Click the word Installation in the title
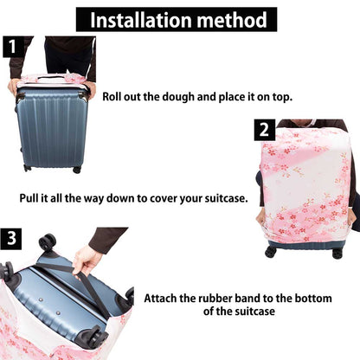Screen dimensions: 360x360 click(x=141, y=20)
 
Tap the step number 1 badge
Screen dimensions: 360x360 click(x=13, y=47)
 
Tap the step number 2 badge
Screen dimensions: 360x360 click(x=265, y=130)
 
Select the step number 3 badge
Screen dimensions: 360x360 click(x=11, y=239)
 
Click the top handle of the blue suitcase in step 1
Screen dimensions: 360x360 click(x=51, y=78)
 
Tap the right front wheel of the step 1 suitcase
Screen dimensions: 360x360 click(x=77, y=170)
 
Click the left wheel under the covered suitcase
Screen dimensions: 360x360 click(x=271, y=253)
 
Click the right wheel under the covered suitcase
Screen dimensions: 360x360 click(x=337, y=254)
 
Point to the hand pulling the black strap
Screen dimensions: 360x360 click(x=86, y=260)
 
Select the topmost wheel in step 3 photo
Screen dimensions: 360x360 click(x=48, y=241)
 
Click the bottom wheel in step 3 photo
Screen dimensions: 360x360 click(x=96, y=338)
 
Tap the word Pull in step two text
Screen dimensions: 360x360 click(x=29, y=198)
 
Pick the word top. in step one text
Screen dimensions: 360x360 click(x=282, y=97)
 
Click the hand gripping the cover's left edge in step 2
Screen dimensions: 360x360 click(x=261, y=217)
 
